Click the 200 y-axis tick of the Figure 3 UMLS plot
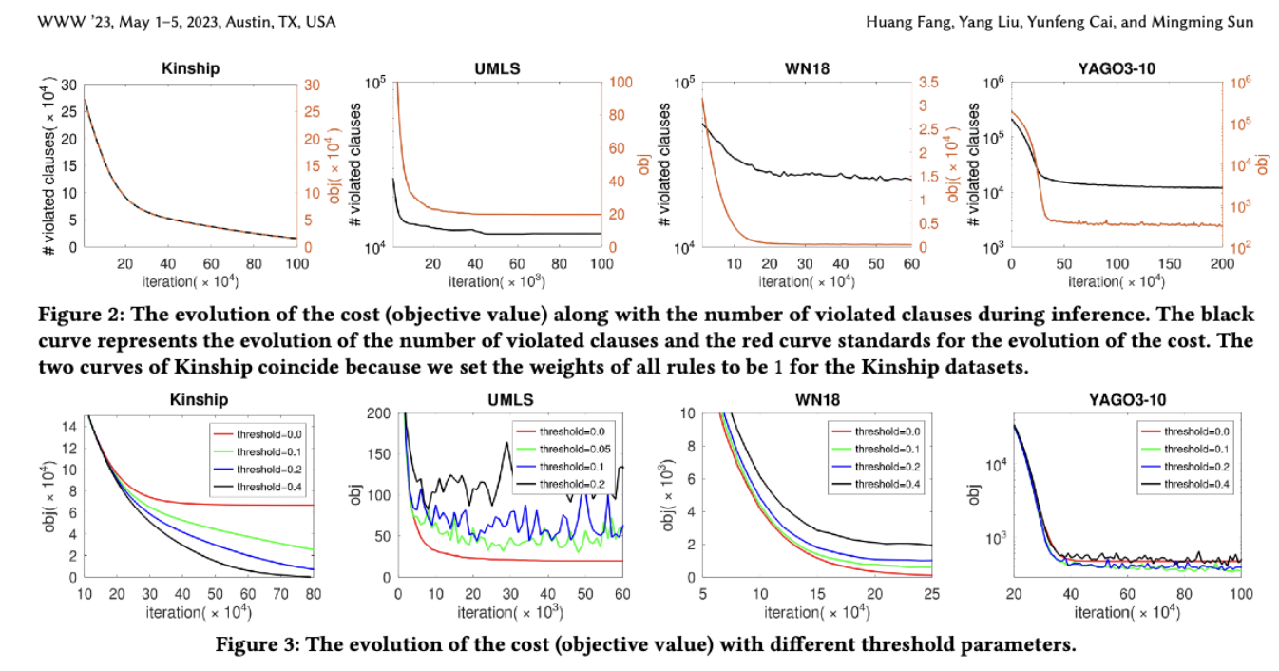coord(378,412)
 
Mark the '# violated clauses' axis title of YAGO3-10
coord(975,165)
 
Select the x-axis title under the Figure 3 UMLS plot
coord(510,612)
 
